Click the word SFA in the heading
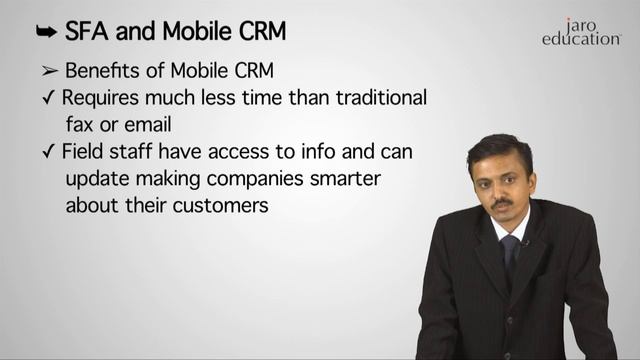(87, 32)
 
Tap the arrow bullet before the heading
(44, 32)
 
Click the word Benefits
(103, 72)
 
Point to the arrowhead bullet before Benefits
(50, 72)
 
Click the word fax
(80, 126)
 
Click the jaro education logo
(581, 32)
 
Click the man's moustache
(502, 202)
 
